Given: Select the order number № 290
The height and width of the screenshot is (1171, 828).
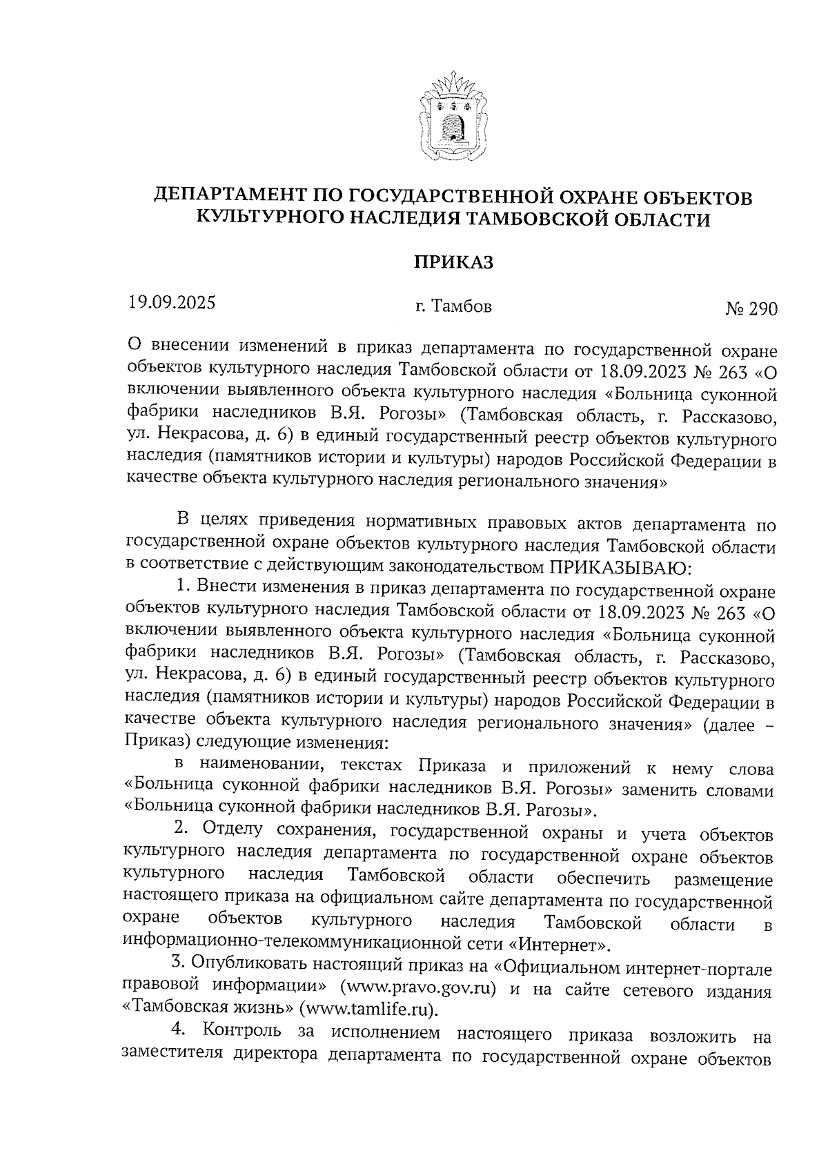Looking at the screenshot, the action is (x=750, y=308).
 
